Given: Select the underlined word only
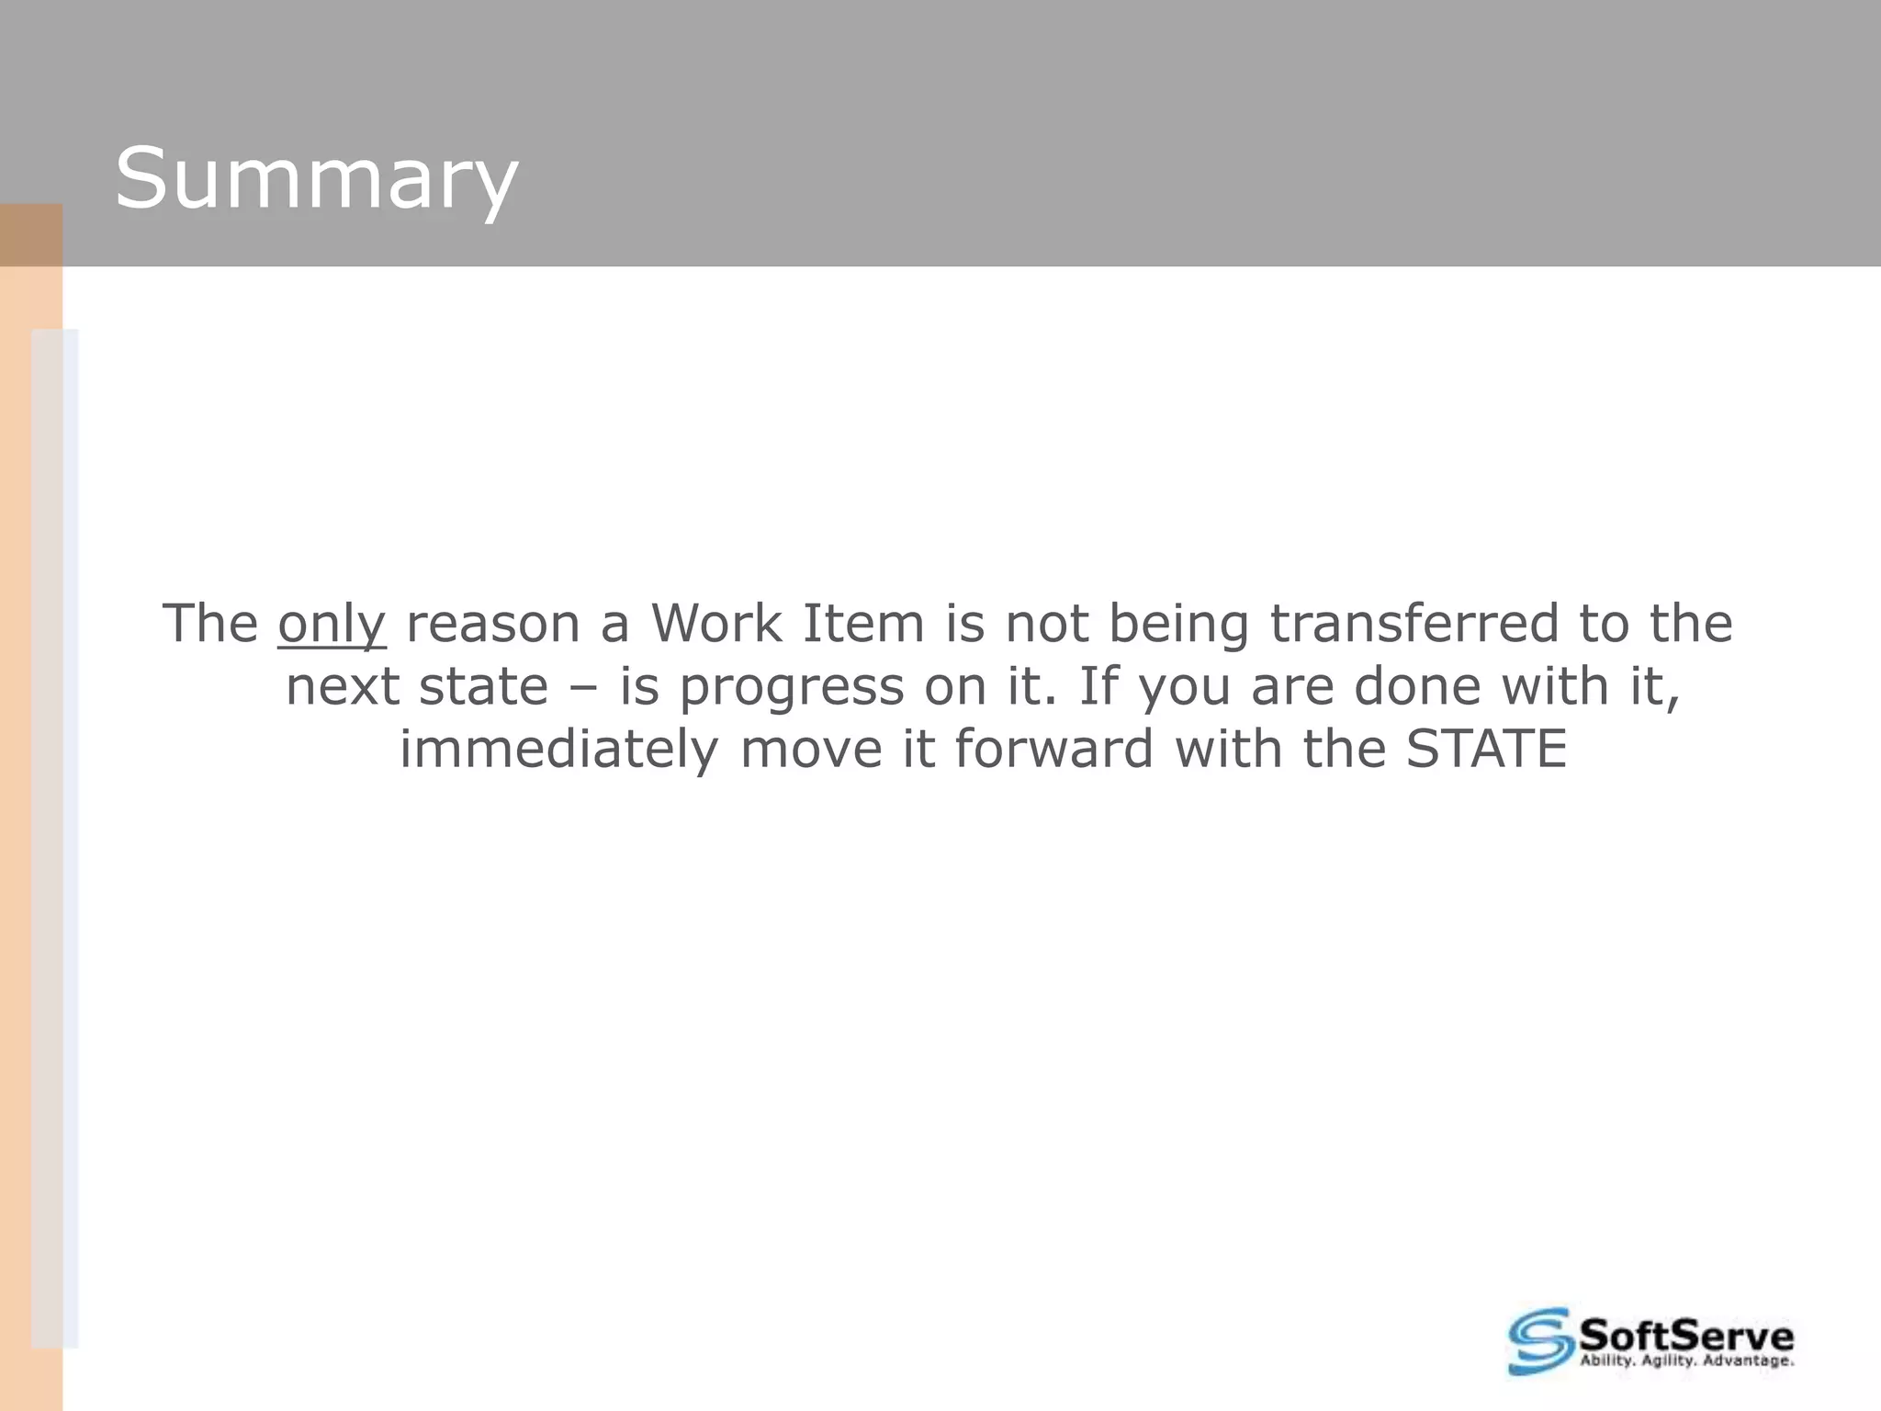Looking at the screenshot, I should pos(332,625).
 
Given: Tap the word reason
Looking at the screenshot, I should pos(492,625).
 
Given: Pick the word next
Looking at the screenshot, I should pos(342,687).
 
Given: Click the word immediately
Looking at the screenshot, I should pos(558,751).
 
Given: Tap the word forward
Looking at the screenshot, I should pos(1053,750).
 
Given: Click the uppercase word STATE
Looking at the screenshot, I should pos(1486,750).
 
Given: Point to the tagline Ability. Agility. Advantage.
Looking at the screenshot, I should pos(1686,1361).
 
